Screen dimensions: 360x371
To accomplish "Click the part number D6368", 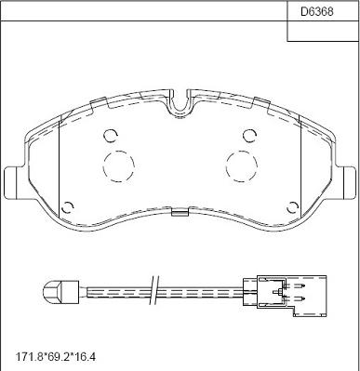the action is (x=317, y=12).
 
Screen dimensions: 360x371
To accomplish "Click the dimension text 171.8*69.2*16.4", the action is (x=56, y=357).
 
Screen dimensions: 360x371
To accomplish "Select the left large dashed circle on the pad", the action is (x=119, y=166).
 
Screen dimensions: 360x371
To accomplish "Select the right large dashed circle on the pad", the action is (x=242, y=166).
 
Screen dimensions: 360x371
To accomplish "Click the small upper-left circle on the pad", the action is (x=111, y=135).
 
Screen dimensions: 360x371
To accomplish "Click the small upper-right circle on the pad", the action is (x=249, y=135).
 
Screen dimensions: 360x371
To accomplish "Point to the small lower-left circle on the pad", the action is (x=68, y=207).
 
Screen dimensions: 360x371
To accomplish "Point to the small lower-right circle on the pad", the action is (x=292, y=207).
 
